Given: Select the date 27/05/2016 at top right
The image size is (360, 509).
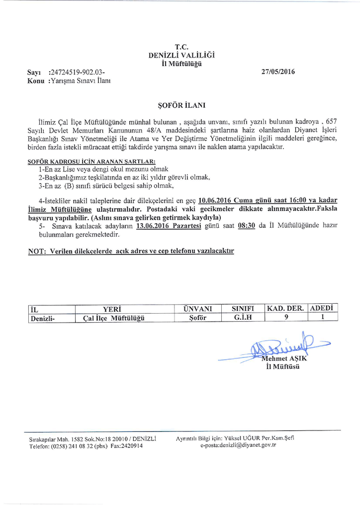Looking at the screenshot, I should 278,72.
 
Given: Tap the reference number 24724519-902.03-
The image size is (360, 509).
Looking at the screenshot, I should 78,73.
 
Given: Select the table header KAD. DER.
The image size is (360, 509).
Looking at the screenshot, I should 285,309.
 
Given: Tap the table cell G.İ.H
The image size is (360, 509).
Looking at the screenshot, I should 243,318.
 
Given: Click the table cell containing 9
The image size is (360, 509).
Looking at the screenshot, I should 286,318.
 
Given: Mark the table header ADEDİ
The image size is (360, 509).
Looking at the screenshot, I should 323,308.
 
